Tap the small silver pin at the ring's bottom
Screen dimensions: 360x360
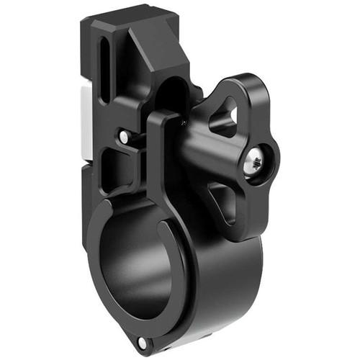[x=143, y=342]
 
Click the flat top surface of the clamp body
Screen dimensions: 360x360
[x=122, y=22]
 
